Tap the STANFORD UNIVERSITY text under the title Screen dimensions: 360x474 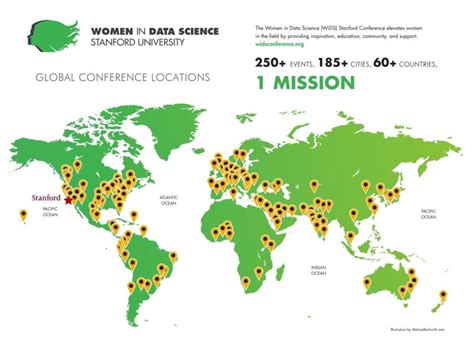point(122,45)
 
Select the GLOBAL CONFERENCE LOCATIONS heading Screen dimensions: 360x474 point(122,76)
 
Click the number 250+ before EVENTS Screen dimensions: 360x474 point(276,62)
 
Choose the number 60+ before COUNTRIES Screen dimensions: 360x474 point(393,62)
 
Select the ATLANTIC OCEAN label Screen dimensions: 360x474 point(168,199)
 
